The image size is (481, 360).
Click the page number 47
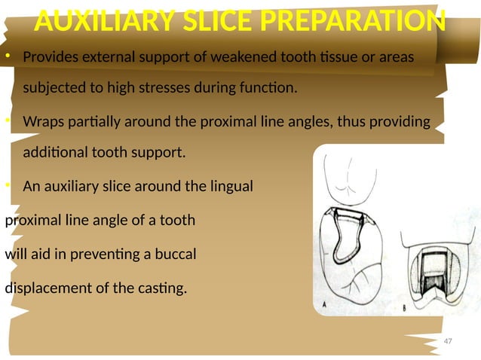point(448,341)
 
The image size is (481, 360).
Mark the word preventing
point(121,255)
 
